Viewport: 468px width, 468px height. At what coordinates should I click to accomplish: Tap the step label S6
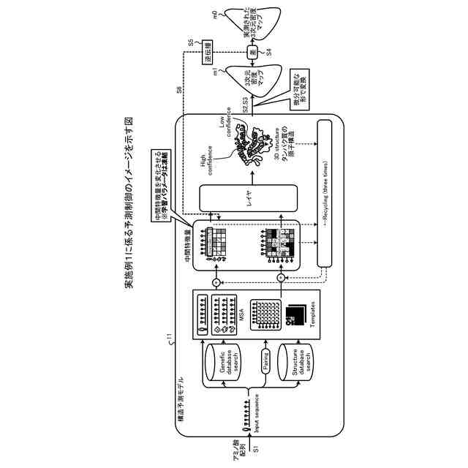point(180,88)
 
